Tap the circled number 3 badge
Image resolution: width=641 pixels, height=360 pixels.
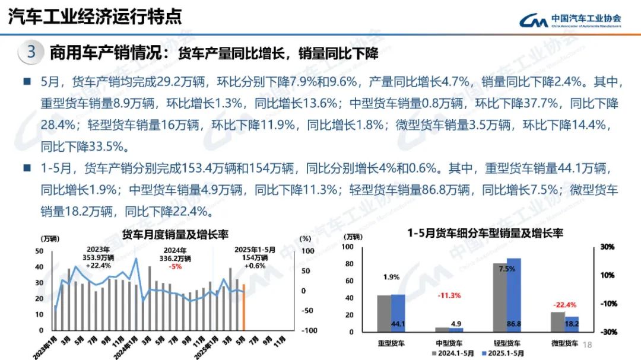[31, 52]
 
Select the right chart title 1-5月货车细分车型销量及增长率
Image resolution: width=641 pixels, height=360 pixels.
[485, 234]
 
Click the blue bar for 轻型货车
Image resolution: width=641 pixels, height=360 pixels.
[513, 295]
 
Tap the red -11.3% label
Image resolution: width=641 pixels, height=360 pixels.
[449, 295]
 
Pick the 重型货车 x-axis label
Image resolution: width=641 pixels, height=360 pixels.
[391, 343]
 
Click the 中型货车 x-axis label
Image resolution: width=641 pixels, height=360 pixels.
[449, 343]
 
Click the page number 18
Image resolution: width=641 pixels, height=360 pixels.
[589, 345]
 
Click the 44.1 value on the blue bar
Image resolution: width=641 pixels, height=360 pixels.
[398, 324]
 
